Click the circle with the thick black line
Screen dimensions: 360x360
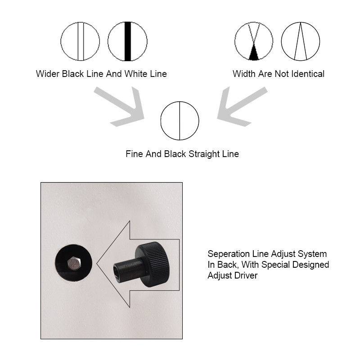click(x=127, y=41)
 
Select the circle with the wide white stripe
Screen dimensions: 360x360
click(x=80, y=41)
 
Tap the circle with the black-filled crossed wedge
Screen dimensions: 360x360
click(x=254, y=41)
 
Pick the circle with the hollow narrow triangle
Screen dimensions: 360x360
click(x=300, y=41)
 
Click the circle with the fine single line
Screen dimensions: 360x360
click(x=180, y=121)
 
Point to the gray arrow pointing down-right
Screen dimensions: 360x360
click(x=121, y=107)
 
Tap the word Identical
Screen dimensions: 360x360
click(x=308, y=74)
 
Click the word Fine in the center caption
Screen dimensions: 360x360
click(x=134, y=154)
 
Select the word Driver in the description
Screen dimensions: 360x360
click(x=245, y=275)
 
